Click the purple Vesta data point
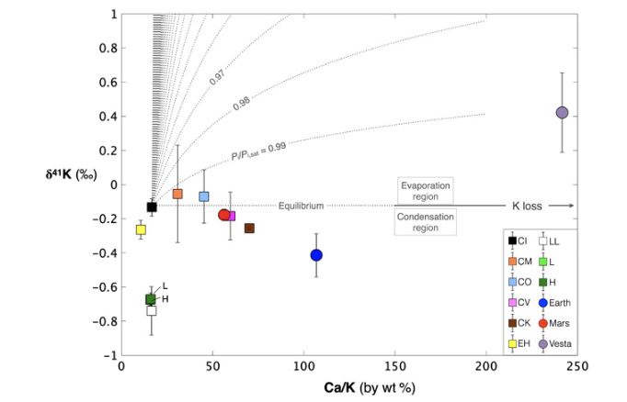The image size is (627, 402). point(563,112)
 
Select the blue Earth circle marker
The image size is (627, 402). point(316,255)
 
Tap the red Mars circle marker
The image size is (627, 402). point(224,215)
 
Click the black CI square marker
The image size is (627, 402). point(152,207)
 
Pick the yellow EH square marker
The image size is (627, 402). point(142,229)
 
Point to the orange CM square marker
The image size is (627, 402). point(177,194)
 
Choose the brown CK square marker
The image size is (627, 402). point(249,228)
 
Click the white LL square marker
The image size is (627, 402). point(152,311)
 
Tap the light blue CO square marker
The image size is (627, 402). point(204,196)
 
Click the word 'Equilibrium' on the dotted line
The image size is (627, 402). point(304,205)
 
